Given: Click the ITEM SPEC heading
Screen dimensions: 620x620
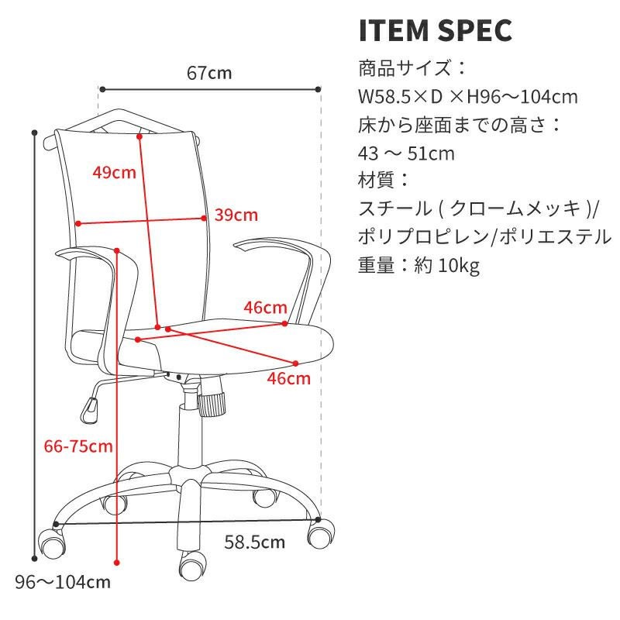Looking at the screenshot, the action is [436, 30].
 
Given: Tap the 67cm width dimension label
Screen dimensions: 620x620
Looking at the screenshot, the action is [209, 73].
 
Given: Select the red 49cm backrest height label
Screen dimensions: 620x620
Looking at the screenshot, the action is [114, 172].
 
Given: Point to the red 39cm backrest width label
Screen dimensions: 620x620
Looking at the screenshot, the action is [236, 215].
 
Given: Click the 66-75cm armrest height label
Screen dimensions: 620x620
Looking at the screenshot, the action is [78, 446].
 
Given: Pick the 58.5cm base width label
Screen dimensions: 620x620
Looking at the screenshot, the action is [255, 542].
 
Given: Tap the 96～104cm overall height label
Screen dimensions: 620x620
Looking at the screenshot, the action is [63, 583].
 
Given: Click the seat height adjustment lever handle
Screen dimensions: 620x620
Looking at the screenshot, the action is [89, 411].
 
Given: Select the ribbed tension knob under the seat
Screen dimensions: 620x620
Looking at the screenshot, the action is [212, 404].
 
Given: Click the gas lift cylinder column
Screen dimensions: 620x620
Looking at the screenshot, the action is [190, 435].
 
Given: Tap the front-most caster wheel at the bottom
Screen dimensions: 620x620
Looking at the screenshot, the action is [192, 567].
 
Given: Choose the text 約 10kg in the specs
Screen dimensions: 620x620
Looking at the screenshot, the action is [447, 265].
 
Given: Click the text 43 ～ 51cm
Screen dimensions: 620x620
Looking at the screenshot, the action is [406, 153].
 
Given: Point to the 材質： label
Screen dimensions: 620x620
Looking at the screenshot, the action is [383, 181].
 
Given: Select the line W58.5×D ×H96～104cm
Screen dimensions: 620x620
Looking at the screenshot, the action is [468, 97].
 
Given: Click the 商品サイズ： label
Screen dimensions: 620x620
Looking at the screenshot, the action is [412, 68].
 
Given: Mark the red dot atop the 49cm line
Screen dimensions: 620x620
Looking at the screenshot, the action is [139, 137].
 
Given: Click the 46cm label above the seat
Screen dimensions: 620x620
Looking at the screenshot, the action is [265, 308].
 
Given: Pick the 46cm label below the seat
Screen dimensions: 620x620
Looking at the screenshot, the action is [288, 379].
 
